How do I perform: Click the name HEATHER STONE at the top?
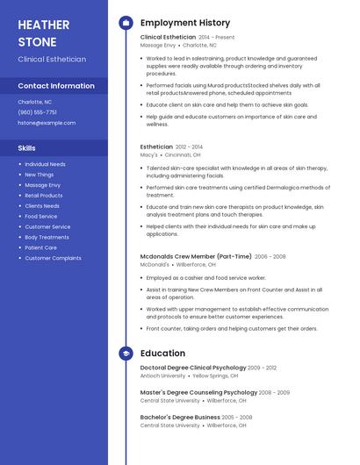point(37,32)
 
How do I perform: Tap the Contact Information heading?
point(56,86)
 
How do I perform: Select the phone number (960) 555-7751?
point(37,112)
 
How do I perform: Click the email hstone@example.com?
point(47,123)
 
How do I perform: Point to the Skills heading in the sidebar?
point(27,148)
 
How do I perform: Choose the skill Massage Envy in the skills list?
point(42,185)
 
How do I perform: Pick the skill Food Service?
point(40,216)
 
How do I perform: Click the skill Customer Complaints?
point(53,258)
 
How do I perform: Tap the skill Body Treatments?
point(47,237)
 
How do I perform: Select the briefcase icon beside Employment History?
point(126,22)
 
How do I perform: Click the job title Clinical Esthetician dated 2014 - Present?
point(168,37)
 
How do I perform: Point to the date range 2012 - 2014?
point(189,147)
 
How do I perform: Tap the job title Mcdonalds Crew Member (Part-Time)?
point(196,256)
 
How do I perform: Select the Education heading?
point(162,353)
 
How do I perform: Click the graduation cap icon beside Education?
point(126,353)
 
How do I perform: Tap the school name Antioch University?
point(162,376)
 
